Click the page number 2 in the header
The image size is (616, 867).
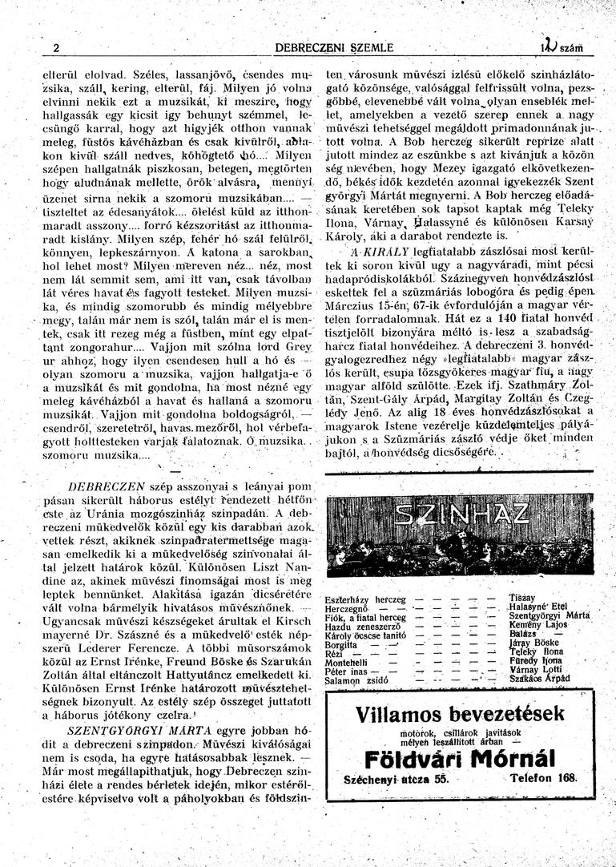[56, 47]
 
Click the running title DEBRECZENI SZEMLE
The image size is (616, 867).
[334, 48]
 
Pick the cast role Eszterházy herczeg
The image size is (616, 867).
[365, 599]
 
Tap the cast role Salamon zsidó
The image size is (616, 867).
[355, 680]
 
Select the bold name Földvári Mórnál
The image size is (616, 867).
[460, 758]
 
